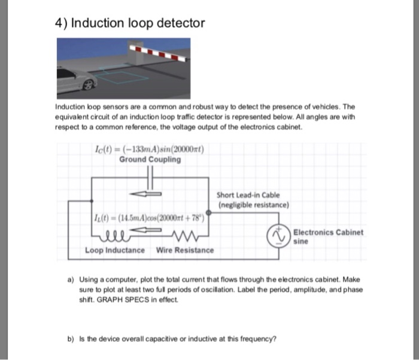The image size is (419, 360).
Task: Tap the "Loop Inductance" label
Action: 114,249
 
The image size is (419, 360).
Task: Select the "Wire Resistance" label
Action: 184,249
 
